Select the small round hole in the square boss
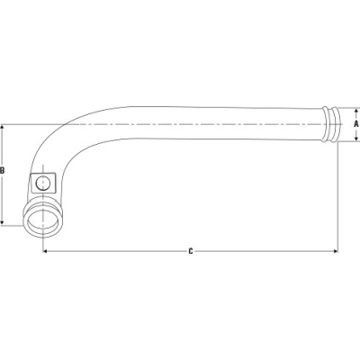pos(41,183)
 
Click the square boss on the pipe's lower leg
pos(41,183)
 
